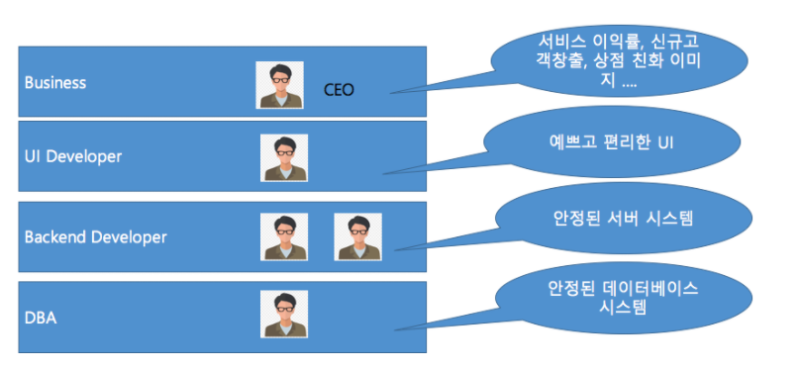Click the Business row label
click(55, 82)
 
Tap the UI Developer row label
click(73, 156)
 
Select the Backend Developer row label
click(95, 237)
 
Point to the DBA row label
click(41, 318)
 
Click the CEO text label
click(339, 90)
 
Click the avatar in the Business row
click(279, 85)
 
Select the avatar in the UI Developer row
click(284, 158)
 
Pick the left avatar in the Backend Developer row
click(284, 237)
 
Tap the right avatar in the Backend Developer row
click(358, 237)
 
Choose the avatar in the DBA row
click(284, 314)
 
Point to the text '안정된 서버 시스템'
click(624, 219)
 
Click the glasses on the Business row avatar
click(279, 80)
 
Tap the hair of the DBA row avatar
click(284, 299)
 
